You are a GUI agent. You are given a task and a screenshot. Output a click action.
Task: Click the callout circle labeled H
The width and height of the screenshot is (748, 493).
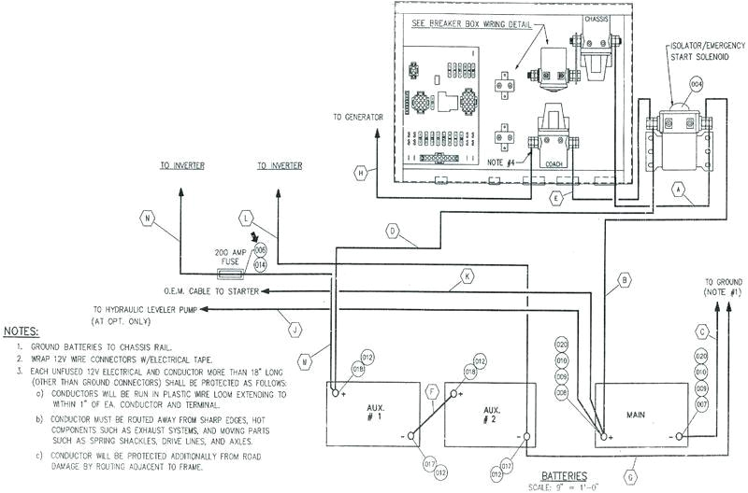pos(360,172)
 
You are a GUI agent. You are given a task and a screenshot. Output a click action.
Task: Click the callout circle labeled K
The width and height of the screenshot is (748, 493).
pos(467,275)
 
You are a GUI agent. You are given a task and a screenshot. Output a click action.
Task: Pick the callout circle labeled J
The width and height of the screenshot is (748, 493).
pos(295,329)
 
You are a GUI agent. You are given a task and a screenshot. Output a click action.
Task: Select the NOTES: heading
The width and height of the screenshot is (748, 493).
pos(21,331)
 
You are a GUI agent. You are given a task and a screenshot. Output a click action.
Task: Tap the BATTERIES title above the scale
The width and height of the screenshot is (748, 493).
pos(567,474)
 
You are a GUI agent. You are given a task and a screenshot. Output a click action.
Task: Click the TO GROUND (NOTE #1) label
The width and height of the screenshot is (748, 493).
pos(723,288)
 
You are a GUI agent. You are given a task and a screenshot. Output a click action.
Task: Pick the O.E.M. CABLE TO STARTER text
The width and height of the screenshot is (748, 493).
pos(210,291)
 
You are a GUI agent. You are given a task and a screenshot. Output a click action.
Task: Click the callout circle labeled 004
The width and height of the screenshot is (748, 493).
pos(696,86)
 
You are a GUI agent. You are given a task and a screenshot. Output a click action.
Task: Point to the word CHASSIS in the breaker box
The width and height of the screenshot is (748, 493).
pos(597,17)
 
